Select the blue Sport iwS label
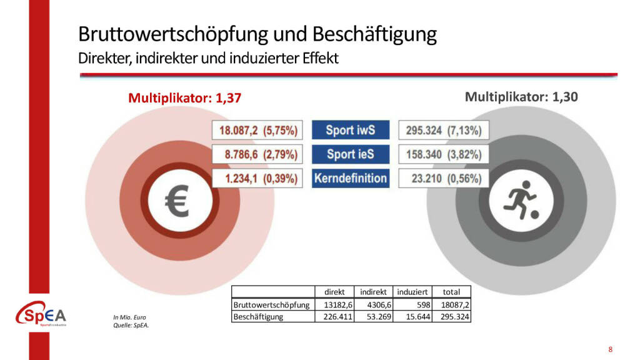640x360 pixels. [x=350, y=131]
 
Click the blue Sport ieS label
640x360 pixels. [x=350, y=154]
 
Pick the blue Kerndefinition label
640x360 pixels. [x=350, y=178]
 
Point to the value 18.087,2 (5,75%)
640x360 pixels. [x=257, y=131]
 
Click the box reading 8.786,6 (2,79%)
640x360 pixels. [x=257, y=154]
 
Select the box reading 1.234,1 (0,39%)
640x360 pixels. [x=257, y=178]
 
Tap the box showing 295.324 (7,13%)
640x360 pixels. [x=444, y=131]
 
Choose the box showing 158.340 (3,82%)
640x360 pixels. [x=444, y=154]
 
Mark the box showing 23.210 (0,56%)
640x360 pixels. [x=444, y=178]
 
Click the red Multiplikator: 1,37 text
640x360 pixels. [x=184, y=98]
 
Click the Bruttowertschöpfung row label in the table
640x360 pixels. [x=271, y=304]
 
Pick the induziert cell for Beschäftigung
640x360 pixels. [x=413, y=317]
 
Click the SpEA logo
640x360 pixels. [x=41, y=314]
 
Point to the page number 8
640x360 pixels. [x=610, y=349]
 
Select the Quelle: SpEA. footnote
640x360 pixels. [x=127, y=325]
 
